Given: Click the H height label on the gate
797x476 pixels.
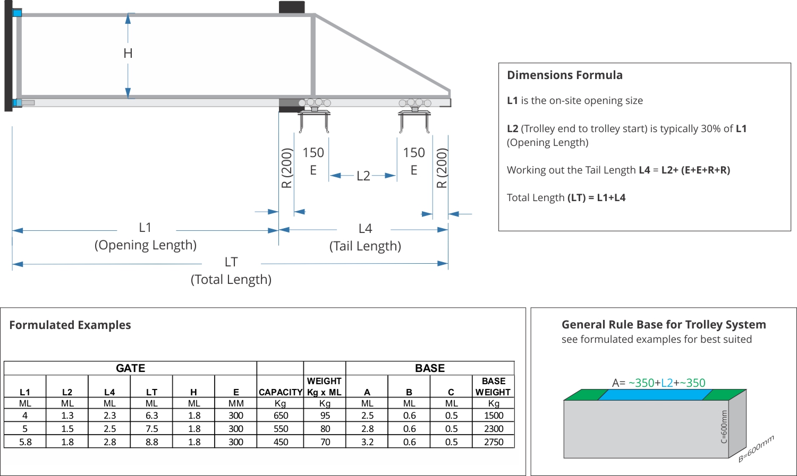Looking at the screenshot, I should (x=128, y=54).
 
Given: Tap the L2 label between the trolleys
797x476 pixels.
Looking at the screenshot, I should (x=363, y=176).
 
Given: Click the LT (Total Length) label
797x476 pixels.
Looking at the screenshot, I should (x=231, y=270).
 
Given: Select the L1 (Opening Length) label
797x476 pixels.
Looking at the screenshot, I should (x=145, y=236).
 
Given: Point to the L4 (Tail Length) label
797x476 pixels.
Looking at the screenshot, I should (x=365, y=237).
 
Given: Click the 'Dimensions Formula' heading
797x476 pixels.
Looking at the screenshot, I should (x=564, y=75).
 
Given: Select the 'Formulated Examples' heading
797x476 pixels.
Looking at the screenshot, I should (x=70, y=325).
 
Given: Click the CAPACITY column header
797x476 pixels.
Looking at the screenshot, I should (x=281, y=392).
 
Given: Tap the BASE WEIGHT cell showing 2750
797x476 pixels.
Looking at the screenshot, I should (x=493, y=442).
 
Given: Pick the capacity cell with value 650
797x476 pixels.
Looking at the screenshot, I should (x=281, y=416).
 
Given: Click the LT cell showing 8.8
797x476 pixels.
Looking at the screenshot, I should (x=151, y=442).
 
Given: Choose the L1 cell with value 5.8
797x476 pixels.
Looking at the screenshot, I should (x=25, y=442).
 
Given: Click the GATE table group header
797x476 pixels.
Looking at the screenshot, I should (x=130, y=368).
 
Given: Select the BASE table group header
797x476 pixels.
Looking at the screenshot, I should (x=430, y=368).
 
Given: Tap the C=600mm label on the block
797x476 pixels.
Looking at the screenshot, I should (x=724, y=427).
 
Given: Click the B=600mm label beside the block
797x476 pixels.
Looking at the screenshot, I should (x=756, y=448).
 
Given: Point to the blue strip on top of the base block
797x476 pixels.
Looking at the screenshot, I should (x=655, y=395).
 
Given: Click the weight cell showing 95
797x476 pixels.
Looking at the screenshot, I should (x=325, y=416).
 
